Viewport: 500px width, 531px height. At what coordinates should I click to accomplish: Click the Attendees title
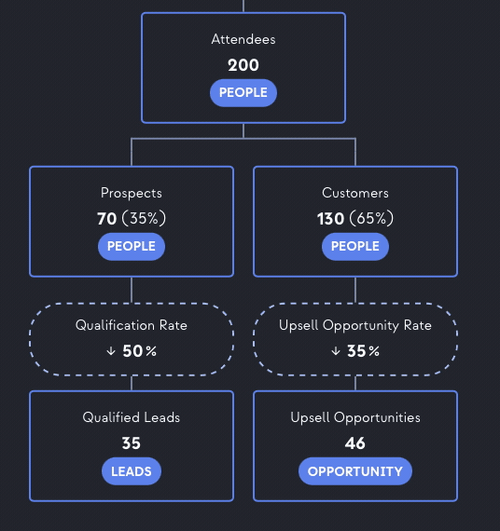[243, 39]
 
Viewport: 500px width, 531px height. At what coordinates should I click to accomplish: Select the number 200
[243, 65]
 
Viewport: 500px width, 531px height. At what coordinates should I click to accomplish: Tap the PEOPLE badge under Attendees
[243, 93]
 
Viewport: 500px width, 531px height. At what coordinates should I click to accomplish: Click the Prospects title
[132, 194]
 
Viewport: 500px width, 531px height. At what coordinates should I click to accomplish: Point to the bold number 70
[107, 219]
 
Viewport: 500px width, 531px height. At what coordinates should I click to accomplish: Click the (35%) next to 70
[144, 218]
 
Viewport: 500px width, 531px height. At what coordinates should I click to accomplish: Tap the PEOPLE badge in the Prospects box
[132, 247]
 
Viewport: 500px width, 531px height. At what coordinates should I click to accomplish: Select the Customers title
[355, 193]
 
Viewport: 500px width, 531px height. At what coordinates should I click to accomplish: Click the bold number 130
[330, 219]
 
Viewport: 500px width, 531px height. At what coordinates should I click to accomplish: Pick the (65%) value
[371, 218]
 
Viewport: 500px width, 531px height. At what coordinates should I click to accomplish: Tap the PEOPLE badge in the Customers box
[355, 247]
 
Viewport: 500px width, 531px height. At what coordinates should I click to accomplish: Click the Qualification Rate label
[132, 325]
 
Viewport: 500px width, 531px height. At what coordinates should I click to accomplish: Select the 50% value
[140, 351]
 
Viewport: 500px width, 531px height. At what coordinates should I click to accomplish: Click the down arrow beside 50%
[111, 351]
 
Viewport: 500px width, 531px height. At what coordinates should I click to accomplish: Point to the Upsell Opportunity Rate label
[355, 326]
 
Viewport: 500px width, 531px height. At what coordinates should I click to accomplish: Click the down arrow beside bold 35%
[336, 351]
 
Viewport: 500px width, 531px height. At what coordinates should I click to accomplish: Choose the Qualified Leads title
[132, 417]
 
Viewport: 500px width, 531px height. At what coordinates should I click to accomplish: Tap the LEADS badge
[132, 471]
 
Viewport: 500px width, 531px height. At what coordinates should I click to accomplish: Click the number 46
[355, 443]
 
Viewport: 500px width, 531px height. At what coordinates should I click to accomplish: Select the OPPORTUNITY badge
[355, 471]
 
